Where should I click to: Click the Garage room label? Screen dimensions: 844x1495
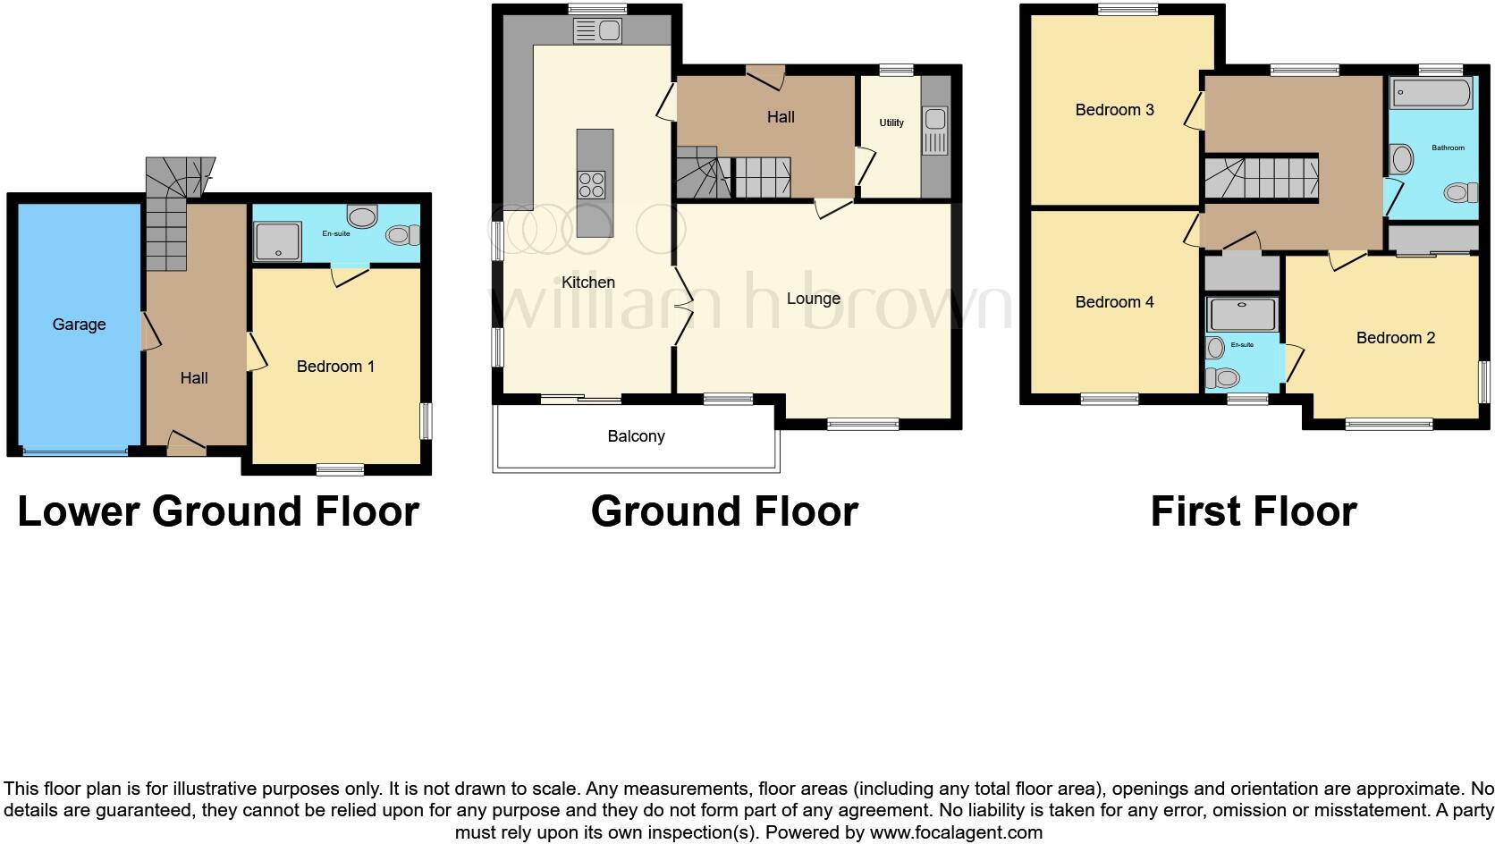(x=79, y=325)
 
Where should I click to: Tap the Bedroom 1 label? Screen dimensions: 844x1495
(x=335, y=367)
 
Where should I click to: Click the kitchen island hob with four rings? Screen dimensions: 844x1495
(x=591, y=185)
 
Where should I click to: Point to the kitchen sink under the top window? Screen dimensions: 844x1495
(x=598, y=31)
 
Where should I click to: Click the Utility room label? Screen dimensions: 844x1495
(x=891, y=123)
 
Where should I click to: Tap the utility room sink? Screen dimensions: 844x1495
(x=935, y=131)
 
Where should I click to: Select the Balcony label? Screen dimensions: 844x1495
(x=636, y=436)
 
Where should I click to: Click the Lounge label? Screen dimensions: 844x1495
(x=813, y=299)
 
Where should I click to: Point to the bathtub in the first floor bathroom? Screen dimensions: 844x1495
(x=1432, y=94)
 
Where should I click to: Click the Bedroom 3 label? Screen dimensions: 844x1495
(x=1114, y=110)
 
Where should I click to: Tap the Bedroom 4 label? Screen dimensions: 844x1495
(x=1114, y=302)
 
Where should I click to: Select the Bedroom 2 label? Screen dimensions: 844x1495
(x=1395, y=338)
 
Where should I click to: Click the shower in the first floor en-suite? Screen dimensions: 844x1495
(x=1242, y=315)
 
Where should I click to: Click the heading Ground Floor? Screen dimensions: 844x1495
(x=724, y=511)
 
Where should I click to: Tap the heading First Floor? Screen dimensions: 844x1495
(x=1253, y=511)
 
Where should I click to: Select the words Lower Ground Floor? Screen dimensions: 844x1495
(x=218, y=511)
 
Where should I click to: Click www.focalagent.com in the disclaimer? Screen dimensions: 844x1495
(x=955, y=832)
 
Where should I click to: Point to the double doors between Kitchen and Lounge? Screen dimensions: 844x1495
(x=682, y=307)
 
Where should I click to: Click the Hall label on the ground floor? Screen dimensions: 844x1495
(x=780, y=117)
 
